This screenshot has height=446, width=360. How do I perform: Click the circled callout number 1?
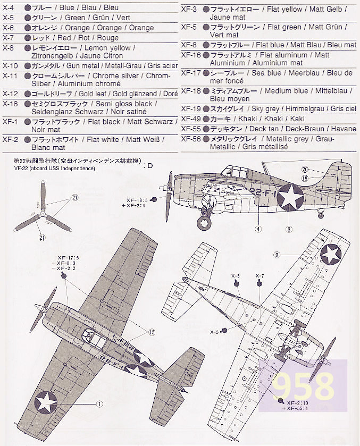[x=99, y=404]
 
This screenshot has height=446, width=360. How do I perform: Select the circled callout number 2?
[x=277, y=255]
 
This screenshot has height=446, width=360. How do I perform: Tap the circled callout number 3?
[x=289, y=229]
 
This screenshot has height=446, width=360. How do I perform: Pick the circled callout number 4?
[x=258, y=229]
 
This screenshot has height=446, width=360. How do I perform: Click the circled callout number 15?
[x=152, y=332]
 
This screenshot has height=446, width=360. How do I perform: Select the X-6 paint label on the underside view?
[x=236, y=276]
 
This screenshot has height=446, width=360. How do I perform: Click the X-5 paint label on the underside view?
[x=214, y=332]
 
